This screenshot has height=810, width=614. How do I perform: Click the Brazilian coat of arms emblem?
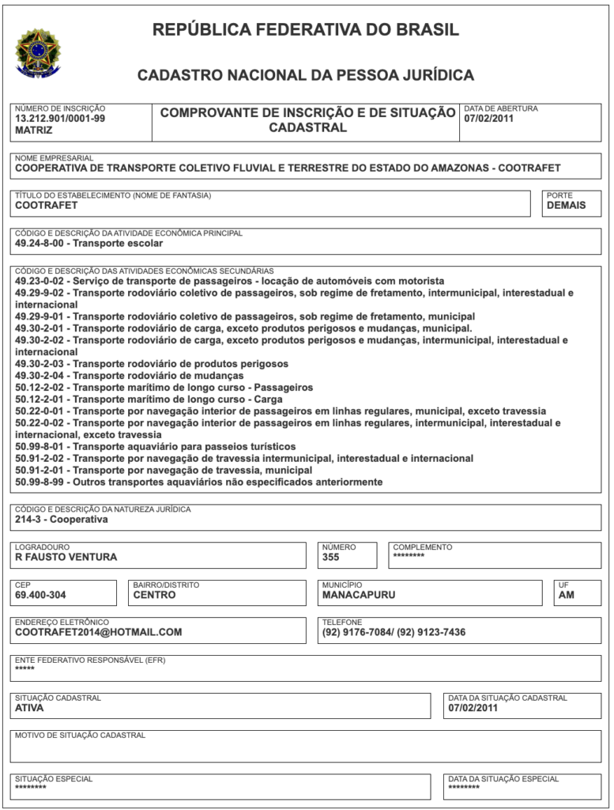(x=36, y=53)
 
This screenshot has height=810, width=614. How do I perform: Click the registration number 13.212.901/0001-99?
(x=60, y=119)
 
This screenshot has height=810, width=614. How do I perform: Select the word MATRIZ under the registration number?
(x=34, y=131)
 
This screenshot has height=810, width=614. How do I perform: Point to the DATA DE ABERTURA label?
(x=501, y=108)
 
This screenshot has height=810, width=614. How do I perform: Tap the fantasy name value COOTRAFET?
(x=47, y=206)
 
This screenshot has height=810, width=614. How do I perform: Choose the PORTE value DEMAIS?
(x=567, y=206)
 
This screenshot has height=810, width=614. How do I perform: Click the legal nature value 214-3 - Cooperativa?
(x=62, y=520)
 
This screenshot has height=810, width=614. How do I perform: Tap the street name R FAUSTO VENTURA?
(x=66, y=557)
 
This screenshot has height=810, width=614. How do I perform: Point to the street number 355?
(x=331, y=557)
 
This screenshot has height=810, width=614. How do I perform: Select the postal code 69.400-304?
(x=40, y=595)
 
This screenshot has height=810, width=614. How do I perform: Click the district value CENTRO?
(x=155, y=595)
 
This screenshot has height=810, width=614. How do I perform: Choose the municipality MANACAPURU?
(x=359, y=595)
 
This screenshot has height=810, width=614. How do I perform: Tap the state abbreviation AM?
(x=567, y=595)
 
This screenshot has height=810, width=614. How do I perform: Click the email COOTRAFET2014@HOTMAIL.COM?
(x=99, y=632)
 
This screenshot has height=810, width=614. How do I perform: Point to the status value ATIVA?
(x=30, y=708)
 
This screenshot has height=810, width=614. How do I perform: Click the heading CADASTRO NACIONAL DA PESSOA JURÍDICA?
(x=306, y=76)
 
